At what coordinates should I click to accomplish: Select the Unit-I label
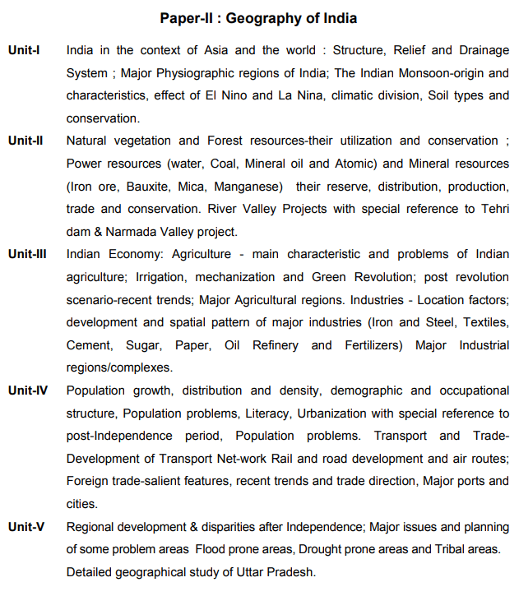point(25,51)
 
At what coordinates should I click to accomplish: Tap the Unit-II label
point(26,141)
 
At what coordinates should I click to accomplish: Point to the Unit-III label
point(28,255)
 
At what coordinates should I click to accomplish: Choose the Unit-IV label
point(28,390)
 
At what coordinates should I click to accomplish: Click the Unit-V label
point(26,527)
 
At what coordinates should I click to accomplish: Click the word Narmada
point(137,232)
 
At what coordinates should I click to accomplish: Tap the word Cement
point(88,345)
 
